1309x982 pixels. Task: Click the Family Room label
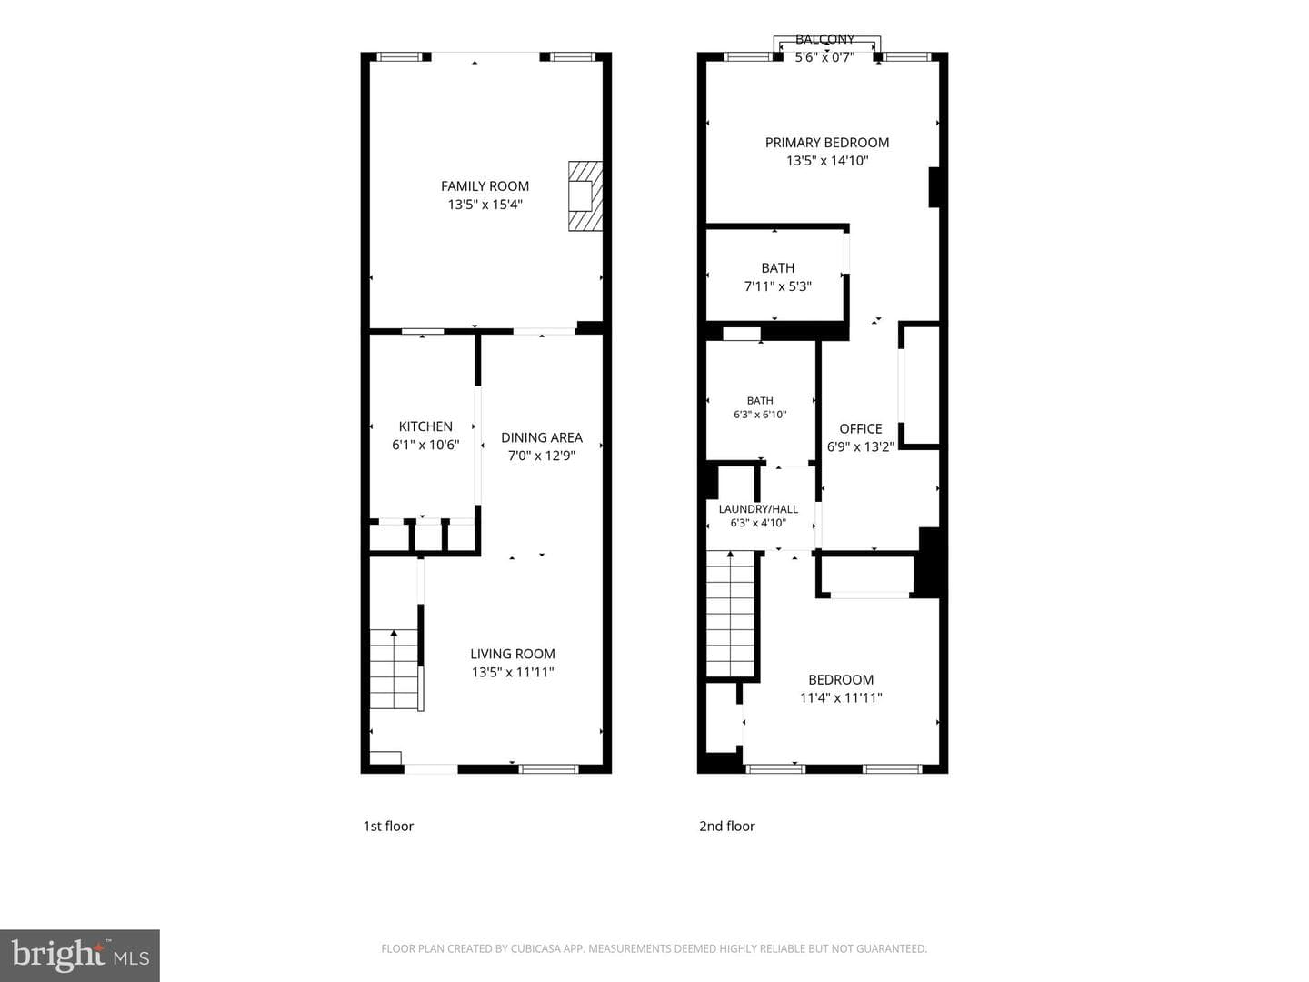click(x=485, y=186)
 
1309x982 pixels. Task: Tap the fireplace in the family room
click(x=585, y=195)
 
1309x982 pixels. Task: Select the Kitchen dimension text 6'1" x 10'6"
click(x=425, y=445)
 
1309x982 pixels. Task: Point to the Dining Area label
click(x=542, y=437)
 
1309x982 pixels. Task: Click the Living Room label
click(x=513, y=654)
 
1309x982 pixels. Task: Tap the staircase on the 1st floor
click(x=395, y=669)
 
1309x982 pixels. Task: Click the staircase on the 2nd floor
click(x=731, y=614)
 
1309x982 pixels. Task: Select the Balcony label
click(x=825, y=39)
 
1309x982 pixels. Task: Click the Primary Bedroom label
click(x=827, y=143)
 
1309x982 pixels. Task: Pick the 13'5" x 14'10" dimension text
click(x=827, y=161)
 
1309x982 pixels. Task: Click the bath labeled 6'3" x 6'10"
click(x=760, y=401)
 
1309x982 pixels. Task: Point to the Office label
click(x=861, y=428)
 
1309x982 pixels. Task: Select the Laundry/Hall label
click(x=758, y=509)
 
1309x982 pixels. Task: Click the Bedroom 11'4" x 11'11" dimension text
click(x=841, y=698)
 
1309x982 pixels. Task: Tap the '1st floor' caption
click(x=388, y=827)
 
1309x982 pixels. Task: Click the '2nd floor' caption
click(x=727, y=827)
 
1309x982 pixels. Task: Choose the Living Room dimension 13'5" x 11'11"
click(x=513, y=673)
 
